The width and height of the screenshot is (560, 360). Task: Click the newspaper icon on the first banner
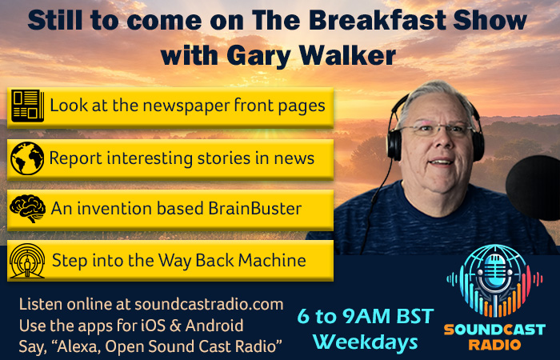point(27,106)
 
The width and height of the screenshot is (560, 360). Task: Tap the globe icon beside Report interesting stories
point(27,158)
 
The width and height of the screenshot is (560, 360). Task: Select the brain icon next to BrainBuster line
point(27,209)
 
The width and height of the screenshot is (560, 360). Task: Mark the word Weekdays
point(365,342)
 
